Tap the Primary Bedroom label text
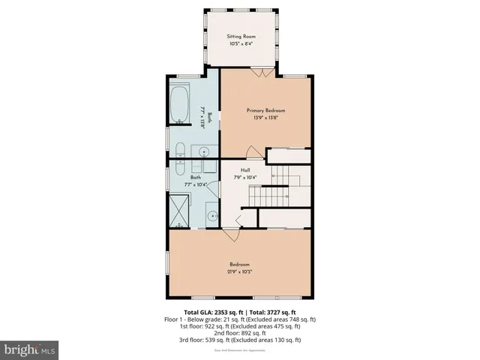[266, 111]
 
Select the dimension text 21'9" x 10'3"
[240, 271]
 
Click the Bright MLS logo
[29, 349]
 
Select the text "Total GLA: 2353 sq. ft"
[211, 312]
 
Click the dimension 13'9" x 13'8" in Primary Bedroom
[266, 118]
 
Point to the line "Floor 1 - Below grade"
[240, 319]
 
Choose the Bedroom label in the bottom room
[240, 264]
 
